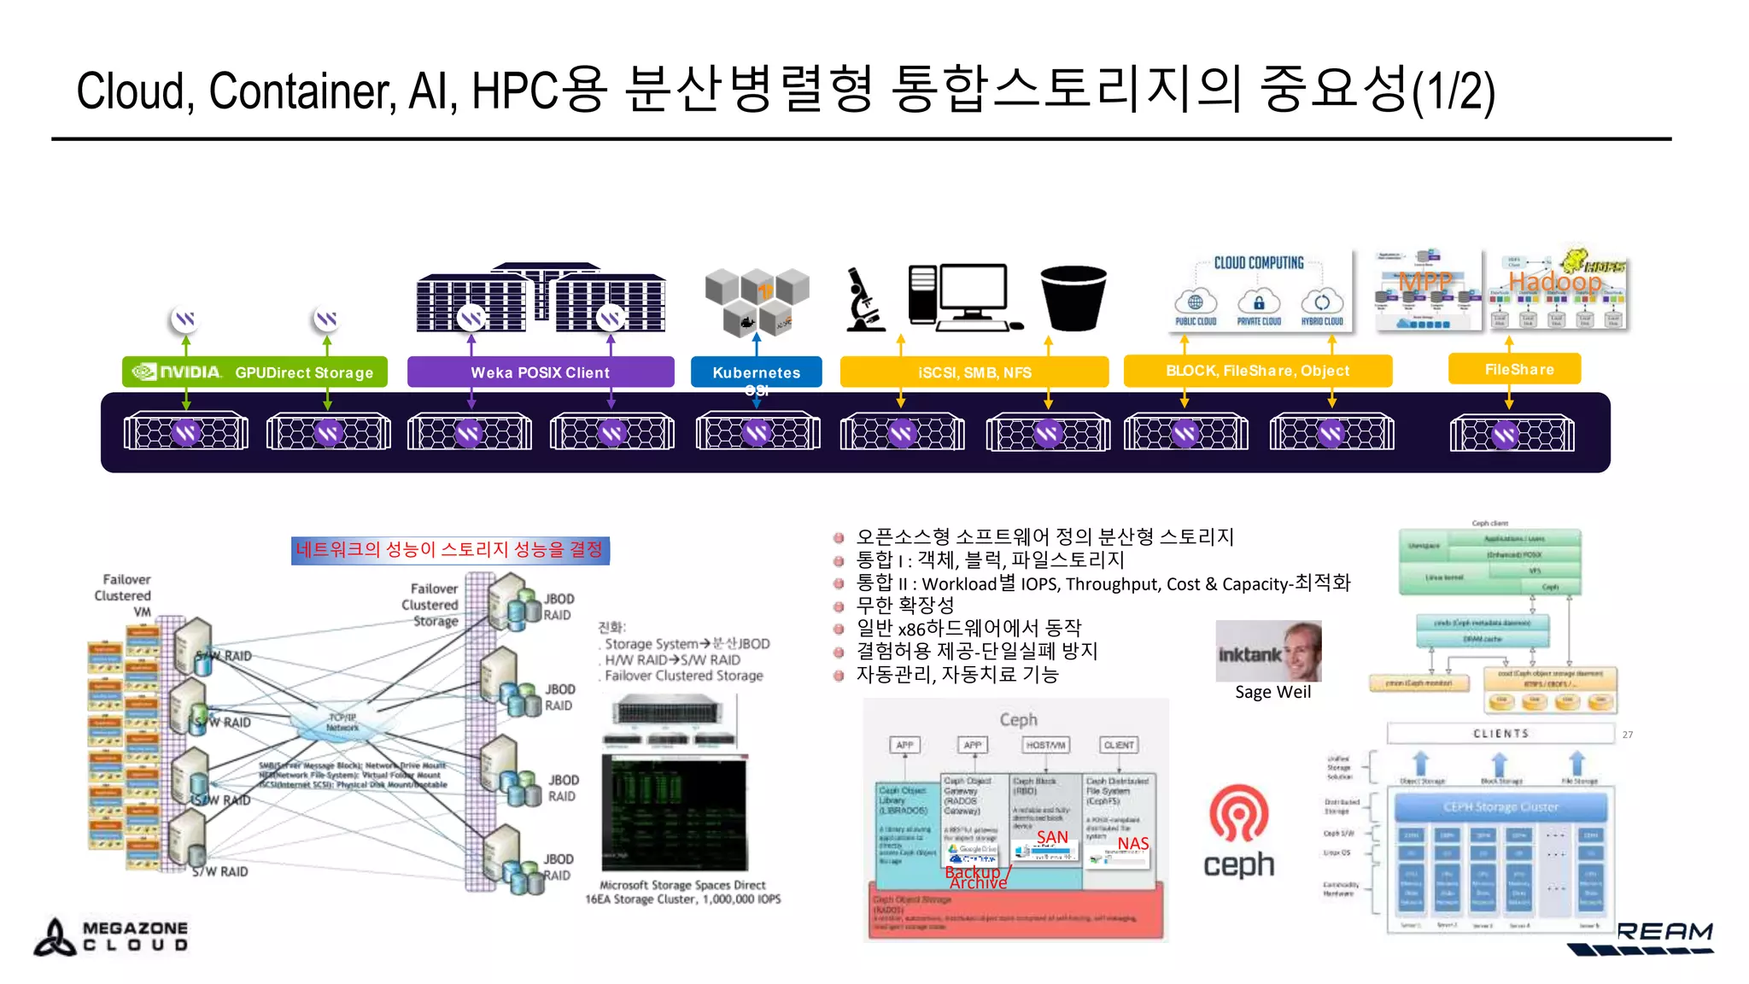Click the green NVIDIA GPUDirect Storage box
click(254, 372)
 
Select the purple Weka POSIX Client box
click(541, 372)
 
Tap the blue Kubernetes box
click(756, 372)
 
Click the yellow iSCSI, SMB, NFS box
click(974, 372)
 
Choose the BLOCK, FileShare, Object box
click(1258, 371)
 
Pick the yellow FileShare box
click(1515, 369)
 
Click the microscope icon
click(865, 300)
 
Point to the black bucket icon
click(1073, 297)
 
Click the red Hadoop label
click(1554, 281)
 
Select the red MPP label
click(1424, 281)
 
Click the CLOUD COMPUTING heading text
click(1259, 263)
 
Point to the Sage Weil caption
click(1272, 692)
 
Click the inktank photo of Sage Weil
click(1269, 651)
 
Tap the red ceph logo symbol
click(1238, 814)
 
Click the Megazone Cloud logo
click(111, 936)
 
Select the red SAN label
click(1052, 837)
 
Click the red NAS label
click(1133, 843)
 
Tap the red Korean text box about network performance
click(450, 549)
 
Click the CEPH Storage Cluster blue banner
click(1500, 806)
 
